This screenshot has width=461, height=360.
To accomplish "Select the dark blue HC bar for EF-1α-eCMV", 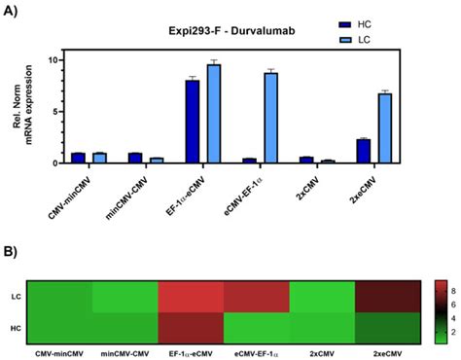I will tap(193, 122).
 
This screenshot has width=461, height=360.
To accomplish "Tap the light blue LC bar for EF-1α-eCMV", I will tap(213, 114).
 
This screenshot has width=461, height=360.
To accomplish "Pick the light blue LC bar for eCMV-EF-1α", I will tap(271, 118).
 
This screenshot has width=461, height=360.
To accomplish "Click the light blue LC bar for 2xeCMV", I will tap(384, 127).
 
